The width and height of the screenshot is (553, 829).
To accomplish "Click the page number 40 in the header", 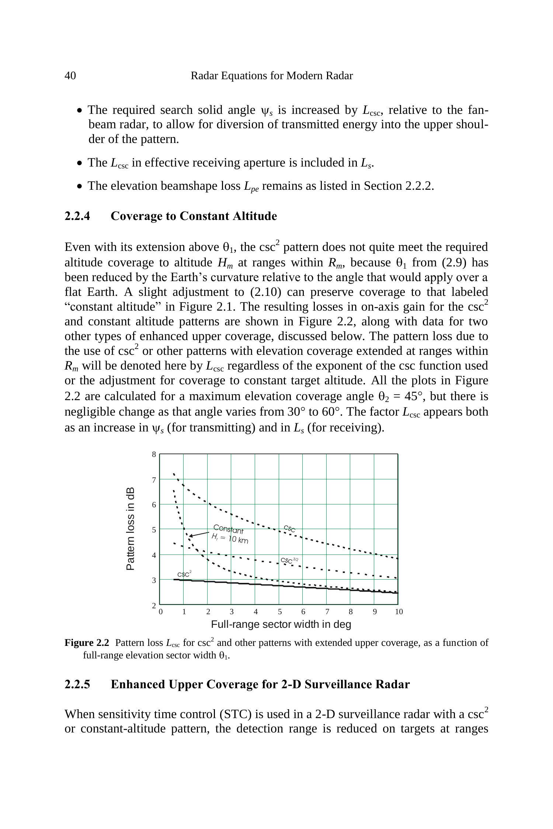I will pyautogui.click(x=70, y=76).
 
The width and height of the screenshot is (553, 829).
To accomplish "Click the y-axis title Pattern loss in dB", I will pyautogui.click(x=131, y=529).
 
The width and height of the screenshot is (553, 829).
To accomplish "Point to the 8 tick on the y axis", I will pyautogui.click(x=154, y=455).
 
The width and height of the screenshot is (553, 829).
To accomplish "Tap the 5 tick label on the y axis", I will pyautogui.click(x=154, y=530).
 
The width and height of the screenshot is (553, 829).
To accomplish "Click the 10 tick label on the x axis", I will pyautogui.click(x=399, y=612).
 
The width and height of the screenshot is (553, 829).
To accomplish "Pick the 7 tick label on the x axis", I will pyautogui.click(x=327, y=612).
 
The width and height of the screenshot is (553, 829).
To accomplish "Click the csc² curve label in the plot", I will pyautogui.click(x=184, y=574).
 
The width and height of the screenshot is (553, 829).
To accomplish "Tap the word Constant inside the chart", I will pyautogui.click(x=228, y=529).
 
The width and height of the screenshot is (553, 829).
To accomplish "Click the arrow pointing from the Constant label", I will pyautogui.click(x=199, y=534).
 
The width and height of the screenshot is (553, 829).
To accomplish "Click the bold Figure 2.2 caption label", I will pyautogui.click(x=87, y=643).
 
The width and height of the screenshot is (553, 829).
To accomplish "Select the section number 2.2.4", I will pyautogui.click(x=77, y=216).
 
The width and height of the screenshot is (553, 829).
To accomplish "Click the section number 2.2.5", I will pyautogui.click(x=77, y=684).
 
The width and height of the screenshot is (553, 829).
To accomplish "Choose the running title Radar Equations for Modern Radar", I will pyautogui.click(x=272, y=76).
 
